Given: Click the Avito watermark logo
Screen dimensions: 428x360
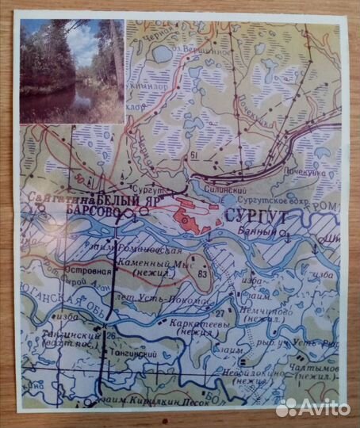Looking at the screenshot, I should point(313,408).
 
